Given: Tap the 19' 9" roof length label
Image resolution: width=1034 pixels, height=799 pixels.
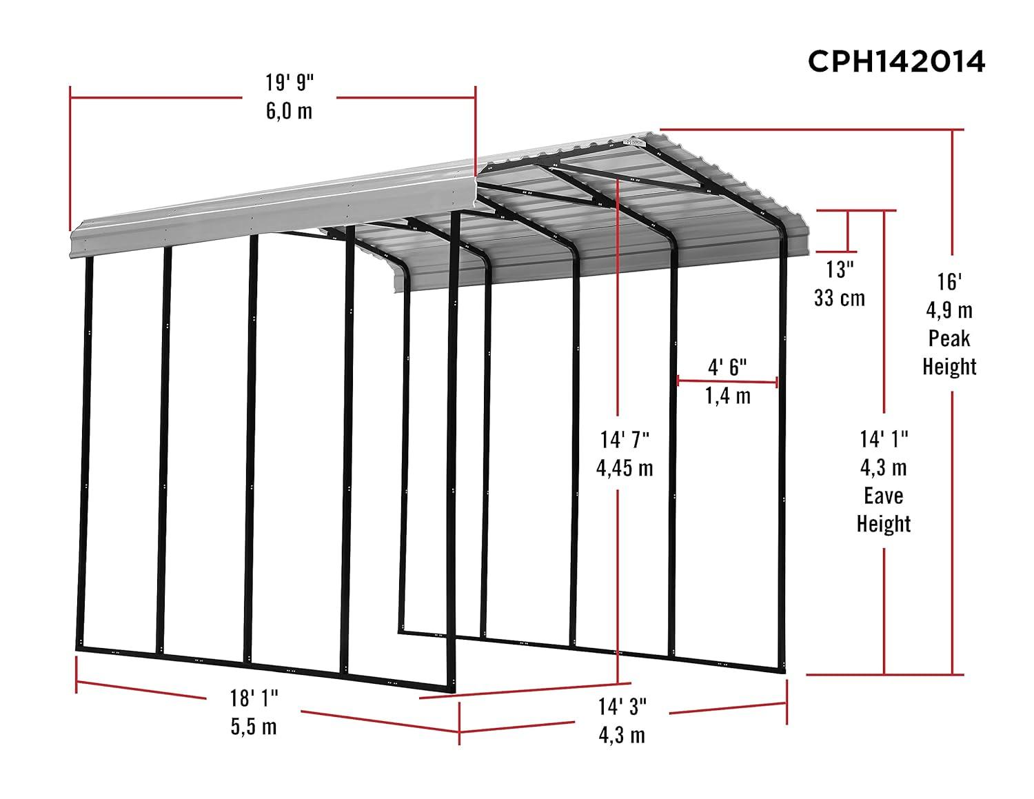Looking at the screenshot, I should click(x=290, y=83).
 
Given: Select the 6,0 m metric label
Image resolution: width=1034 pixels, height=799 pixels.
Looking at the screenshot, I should click(x=290, y=110).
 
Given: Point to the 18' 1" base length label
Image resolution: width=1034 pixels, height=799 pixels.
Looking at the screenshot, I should click(x=254, y=698).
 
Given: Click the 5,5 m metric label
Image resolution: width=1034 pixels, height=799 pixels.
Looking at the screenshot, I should click(x=254, y=726).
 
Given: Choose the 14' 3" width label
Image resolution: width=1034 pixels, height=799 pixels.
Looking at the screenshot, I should click(x=622, y=707).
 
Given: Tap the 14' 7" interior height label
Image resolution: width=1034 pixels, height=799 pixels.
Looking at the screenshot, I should click(x=625, y=438).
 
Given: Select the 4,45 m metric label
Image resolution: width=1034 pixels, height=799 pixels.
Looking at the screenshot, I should click(x=625, y=468).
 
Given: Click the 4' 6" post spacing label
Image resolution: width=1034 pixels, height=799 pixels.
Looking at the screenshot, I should click(x=728, y=367).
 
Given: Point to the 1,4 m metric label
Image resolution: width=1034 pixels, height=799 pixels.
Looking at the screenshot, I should click(x=728, y=396).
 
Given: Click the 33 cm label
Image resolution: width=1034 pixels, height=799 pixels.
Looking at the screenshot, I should click(x=839, y=298).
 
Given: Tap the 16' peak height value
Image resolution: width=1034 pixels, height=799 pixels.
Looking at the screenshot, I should click(x=949, y=281).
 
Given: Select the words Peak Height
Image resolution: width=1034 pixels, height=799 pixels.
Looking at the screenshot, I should click(x=949, y=352).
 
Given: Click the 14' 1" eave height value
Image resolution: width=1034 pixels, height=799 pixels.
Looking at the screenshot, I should click(x=884, y=438).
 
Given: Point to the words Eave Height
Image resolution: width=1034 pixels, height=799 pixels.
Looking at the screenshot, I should click(x=884, y=509).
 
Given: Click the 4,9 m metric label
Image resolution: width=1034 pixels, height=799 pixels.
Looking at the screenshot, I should click(x=949, y=310).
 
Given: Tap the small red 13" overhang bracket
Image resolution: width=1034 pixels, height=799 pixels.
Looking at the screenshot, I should click(x=847, y=232).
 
